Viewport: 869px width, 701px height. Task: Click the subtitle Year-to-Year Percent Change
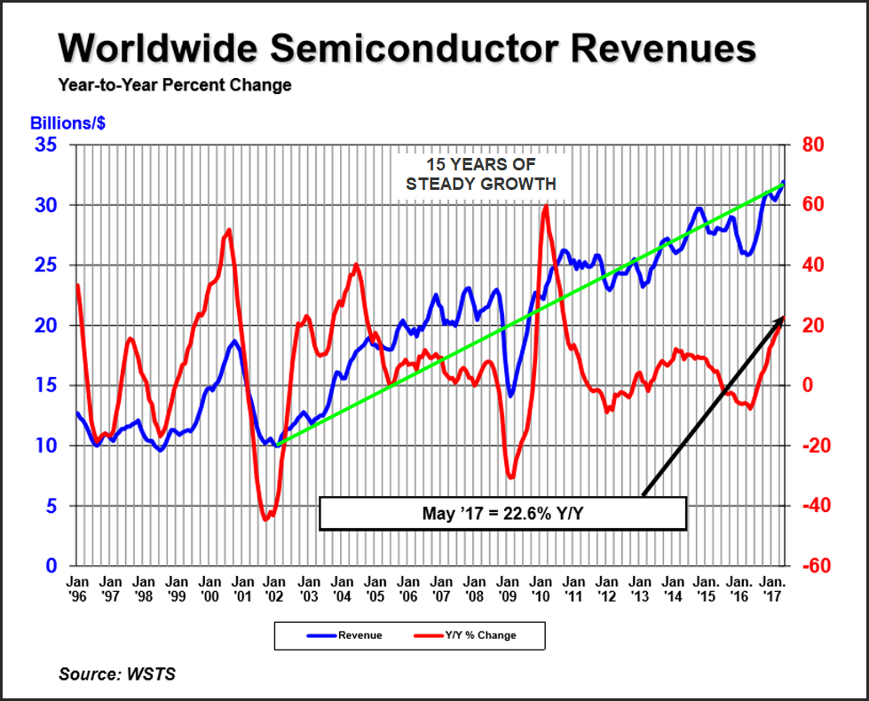(x=175, y=86)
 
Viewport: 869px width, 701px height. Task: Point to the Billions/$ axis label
(x=68, y=123)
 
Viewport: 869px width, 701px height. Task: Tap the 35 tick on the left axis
(x=46, y=145)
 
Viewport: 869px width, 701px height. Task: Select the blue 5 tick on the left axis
(x=52, y=506)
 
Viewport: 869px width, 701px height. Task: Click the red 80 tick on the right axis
(x=816, y=145)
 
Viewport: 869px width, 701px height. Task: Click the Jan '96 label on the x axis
(x=77, y=589)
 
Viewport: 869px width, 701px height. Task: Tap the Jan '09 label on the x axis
(x=508, y=589)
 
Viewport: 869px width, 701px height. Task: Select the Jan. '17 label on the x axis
(x=771, y=589)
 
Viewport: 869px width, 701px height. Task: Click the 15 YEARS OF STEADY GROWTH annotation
(x=481, y=175)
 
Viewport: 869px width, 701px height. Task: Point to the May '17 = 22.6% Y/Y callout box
(x=502, y=513)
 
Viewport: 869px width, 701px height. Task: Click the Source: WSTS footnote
(x=117, y=674)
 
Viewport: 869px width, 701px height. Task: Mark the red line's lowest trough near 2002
(x=265, y=519)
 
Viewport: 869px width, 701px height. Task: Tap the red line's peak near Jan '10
(x=544, y=206)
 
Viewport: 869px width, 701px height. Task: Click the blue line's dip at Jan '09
(x=510, y=395)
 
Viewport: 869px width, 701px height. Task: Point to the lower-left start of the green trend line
(x=276, y=445)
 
